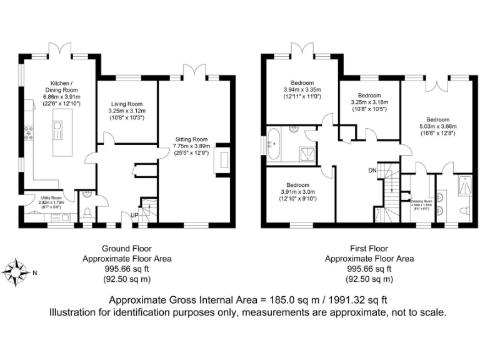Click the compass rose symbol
(17, 271)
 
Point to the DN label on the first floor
(372, 170)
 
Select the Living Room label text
(127, 104)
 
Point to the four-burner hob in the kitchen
(29, 132)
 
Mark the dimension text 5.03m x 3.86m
(437, 126)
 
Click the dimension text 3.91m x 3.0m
(297, 192)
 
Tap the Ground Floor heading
(127, 248)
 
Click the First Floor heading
(369, 248)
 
